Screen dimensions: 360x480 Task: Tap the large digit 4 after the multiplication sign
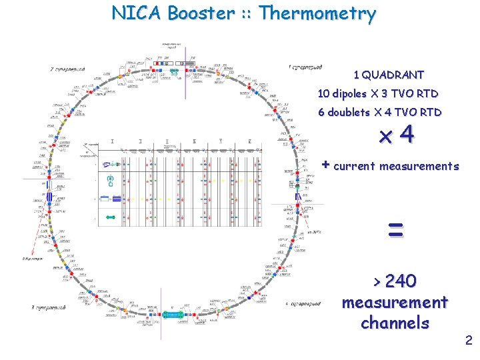click(407, 135)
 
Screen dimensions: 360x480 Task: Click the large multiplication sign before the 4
click(385, 137)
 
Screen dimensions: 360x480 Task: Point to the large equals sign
click(395, 231)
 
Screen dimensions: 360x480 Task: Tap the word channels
click(395, 323)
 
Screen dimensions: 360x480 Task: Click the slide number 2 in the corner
click(469, 341)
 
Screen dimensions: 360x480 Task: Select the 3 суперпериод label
click(48, 307)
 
